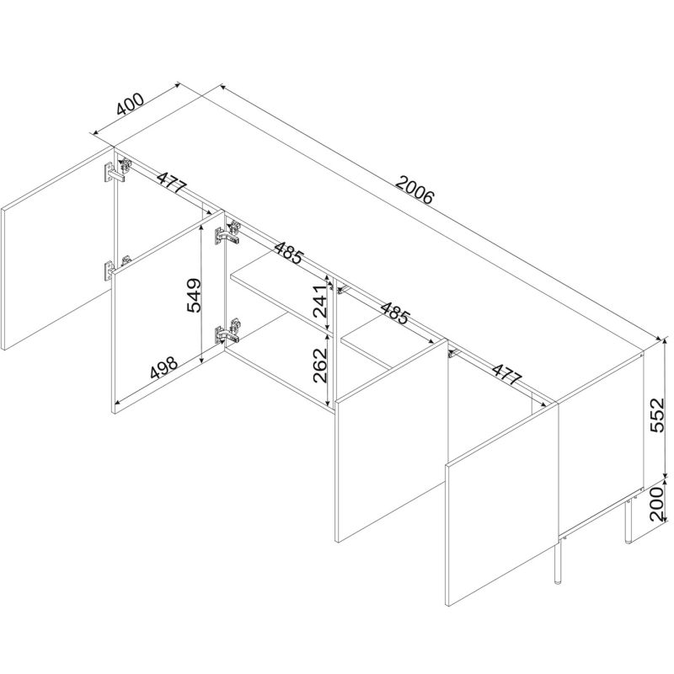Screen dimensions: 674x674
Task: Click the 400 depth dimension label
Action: (131, 104)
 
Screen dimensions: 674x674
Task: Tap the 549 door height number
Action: (194, 296)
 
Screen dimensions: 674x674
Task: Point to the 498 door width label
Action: (164, 367)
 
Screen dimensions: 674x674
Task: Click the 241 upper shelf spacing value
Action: (321, 301)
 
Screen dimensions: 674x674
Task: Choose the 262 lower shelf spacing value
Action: (321, 366)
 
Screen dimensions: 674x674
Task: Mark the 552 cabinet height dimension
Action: (657, 415)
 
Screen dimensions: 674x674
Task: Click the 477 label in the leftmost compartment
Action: (171, 184)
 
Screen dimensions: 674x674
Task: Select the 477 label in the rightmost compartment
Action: (506, 374)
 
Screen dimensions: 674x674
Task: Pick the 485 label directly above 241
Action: (289, 253)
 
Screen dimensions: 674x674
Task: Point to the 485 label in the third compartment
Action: (393, 313)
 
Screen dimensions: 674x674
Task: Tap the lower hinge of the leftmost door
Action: (113, 269)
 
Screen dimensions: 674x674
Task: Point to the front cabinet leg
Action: (558, 562)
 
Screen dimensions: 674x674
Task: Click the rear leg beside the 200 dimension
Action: (628, 521)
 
